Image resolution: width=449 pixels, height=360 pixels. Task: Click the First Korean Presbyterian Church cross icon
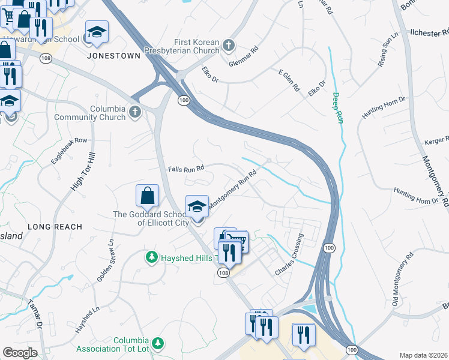click(228, 44)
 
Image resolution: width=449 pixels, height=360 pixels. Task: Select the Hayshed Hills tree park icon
click(152, 257)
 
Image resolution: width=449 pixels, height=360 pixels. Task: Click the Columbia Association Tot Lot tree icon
click(157, 343)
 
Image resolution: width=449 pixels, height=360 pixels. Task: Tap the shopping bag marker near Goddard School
click(147, 196)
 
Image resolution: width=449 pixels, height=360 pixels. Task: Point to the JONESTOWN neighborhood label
click(113, 56)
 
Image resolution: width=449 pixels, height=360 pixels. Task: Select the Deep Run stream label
click(337, 107)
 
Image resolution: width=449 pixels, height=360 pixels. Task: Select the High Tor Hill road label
click(83, 172)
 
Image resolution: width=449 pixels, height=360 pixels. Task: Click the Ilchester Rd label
click(426, 33)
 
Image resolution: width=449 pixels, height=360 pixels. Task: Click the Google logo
click(19, 353)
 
